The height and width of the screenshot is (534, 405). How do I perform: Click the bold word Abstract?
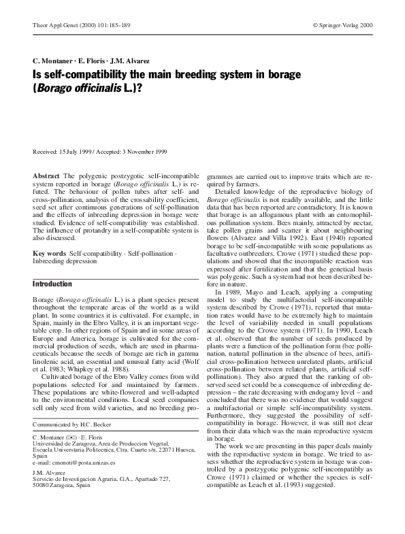point(46,176)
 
